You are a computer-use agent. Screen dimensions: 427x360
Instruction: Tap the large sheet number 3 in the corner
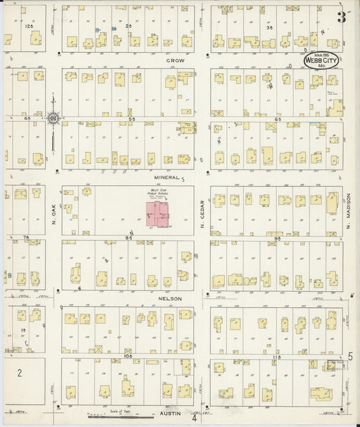[x=342, y=18]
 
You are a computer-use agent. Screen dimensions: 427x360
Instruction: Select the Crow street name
[x=176, y=59]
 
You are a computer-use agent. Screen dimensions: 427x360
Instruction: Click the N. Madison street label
[x=350, y=216]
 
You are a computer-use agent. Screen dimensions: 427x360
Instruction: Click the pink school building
[x=159, y=216]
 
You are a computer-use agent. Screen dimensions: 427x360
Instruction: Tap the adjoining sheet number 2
[x=20, y=373]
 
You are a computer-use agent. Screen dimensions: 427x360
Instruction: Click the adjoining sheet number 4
[x=194, y=417]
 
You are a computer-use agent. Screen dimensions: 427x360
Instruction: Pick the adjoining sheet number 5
[x=351, y=356]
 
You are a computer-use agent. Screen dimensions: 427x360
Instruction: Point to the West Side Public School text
[x=158, y=193]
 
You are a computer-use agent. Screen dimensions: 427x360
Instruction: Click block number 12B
[x=28, y=25]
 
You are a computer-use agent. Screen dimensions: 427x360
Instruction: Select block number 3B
[x=269, y=28]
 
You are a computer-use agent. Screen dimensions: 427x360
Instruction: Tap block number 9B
[x=278, y=238]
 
